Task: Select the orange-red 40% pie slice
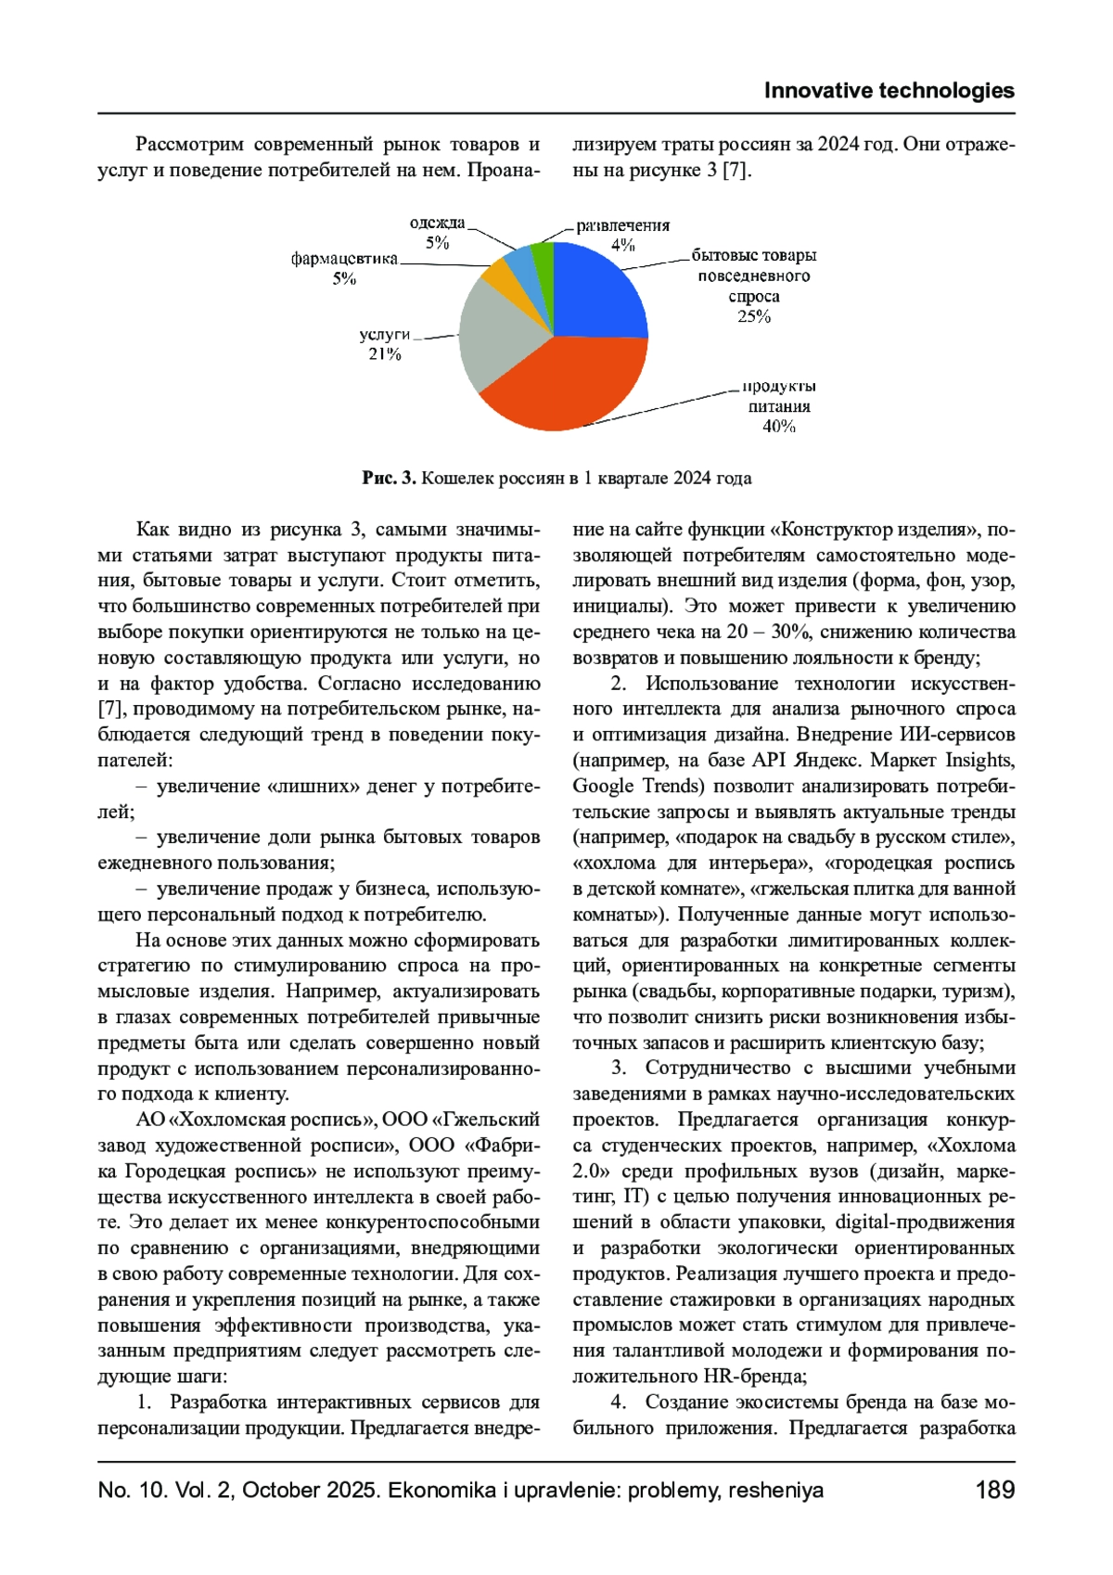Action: click(x=566, y=385)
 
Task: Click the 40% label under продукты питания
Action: click(x=779, y=427)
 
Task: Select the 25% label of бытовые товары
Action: click(x=754, y=316)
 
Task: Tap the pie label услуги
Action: click(x=384, y=334)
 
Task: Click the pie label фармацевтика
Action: click(x=344, y=259)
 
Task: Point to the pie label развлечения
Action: click(x=622, y=225)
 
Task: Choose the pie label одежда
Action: click(x=437, y=223)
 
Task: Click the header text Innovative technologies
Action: click(x=889, y=91)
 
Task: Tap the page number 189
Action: click(x=994, y=1491)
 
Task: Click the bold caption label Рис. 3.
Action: click(x=389, y=479)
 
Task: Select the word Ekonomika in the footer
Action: click(x=444, y=1491)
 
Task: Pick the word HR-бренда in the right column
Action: click(x=755, y=1377)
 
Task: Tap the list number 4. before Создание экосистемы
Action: click(x=619, y=1402)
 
